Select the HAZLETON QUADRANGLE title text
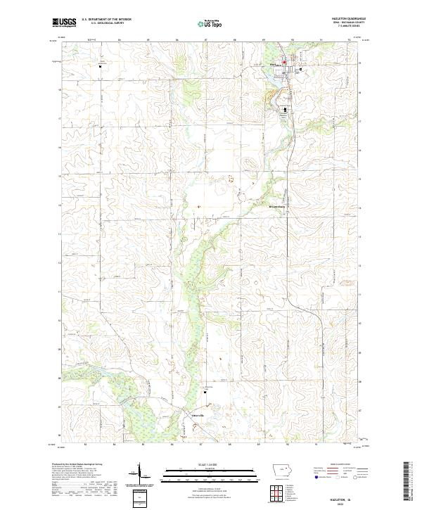pyautogui.click(x=341, y=19)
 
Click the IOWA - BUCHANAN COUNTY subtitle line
pyautogui.click(x=341, y=23)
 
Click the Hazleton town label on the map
pyautogui.click(x=275, y=65)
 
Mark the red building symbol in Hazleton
pyautogui.click(x=284, y=63)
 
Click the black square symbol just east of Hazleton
pyautogui.click(x=300, y=70)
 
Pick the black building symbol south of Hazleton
pyautogui.click(x=285, y=109)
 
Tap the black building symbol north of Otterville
pyautogui.click(x=206, y=393)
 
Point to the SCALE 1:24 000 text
pyautogui.click(x=201, y=463)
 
